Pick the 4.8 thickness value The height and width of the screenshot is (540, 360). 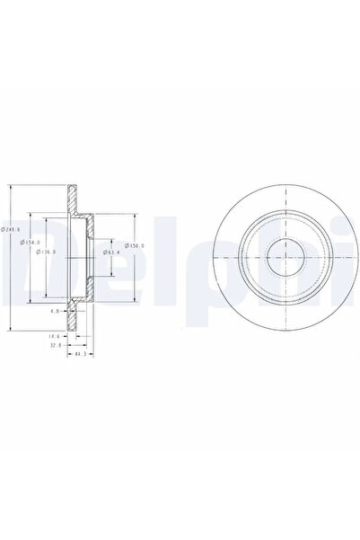coord(54,311)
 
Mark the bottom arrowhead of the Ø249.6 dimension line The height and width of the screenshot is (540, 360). coord(9,327)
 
